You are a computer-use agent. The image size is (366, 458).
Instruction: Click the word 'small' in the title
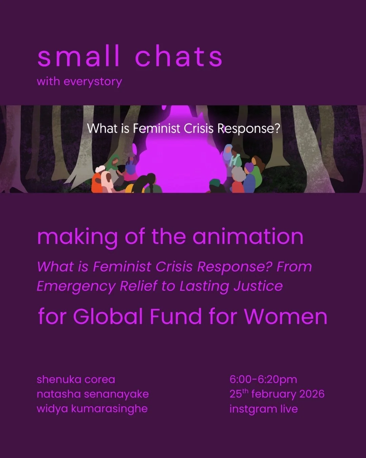coord(78,57)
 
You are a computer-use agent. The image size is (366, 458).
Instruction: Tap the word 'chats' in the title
coord(179,57)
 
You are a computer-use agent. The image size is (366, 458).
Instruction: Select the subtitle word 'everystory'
coord(93,82)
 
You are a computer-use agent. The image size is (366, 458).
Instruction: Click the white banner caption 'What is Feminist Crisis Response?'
coord(183,129)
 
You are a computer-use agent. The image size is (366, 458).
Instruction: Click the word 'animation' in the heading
coord(248,236)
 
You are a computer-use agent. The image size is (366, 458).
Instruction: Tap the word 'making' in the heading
coord(78,237)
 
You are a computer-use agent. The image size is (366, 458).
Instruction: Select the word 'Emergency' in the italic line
coord(76,286)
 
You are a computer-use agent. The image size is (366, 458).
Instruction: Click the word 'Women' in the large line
coord(285,317)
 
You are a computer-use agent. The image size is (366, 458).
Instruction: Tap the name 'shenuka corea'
coord(76,379)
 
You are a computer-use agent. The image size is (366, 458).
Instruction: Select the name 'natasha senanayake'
coord(93,394)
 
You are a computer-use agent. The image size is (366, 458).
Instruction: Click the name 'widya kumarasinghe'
coord(92,409)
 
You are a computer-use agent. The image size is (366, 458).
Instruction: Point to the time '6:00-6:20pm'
coord(263,379)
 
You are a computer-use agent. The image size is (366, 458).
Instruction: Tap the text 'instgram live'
coord(263,409)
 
